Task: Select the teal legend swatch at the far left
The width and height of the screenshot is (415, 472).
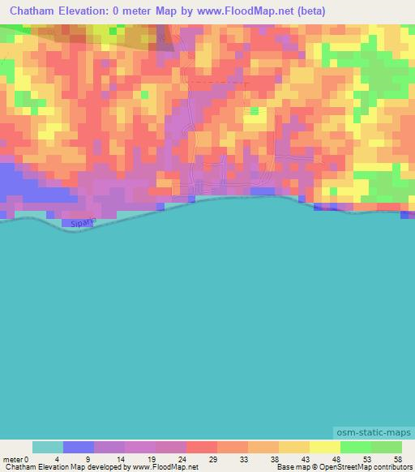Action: point(47,447)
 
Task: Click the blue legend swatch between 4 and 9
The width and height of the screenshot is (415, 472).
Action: point(78,447)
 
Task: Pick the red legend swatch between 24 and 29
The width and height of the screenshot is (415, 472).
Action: point(202,447)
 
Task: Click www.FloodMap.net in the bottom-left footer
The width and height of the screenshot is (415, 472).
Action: point(165,467)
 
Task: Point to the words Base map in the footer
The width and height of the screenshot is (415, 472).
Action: point(290,467)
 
